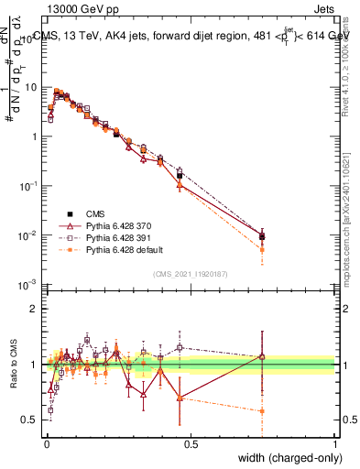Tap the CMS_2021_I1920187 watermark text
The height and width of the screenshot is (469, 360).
191,273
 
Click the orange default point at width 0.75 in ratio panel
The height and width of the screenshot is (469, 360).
263,411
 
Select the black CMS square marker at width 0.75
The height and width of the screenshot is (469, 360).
263,236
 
